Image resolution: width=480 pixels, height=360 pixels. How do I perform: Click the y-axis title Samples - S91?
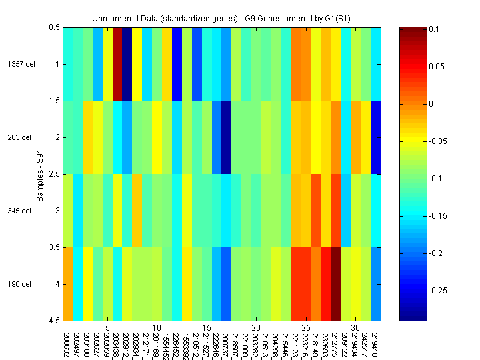pyautogui.click(x=40, y=174)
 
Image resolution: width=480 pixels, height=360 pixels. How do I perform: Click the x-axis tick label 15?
pyautogui.click(x=207, y=328)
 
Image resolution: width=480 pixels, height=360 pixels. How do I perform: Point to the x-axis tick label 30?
pyautogui.click(x=356, y=328)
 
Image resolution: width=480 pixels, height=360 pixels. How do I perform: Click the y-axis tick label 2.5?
pyautogui.click(x=54, y=174)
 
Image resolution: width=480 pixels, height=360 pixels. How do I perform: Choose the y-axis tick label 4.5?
pyautogui.click(x=54, y=321)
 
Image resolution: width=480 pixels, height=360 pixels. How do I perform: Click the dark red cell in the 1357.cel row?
pyautogui.click(x=117, y=64)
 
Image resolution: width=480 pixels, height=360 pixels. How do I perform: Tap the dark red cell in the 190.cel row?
pyautogui.click(x=336, y=284)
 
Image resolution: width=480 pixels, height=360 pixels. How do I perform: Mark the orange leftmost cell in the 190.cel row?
pyautogui.click(x=68, y=284)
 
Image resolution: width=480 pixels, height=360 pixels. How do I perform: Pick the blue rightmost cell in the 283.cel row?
pyautogui.click(x=376, y=137)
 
